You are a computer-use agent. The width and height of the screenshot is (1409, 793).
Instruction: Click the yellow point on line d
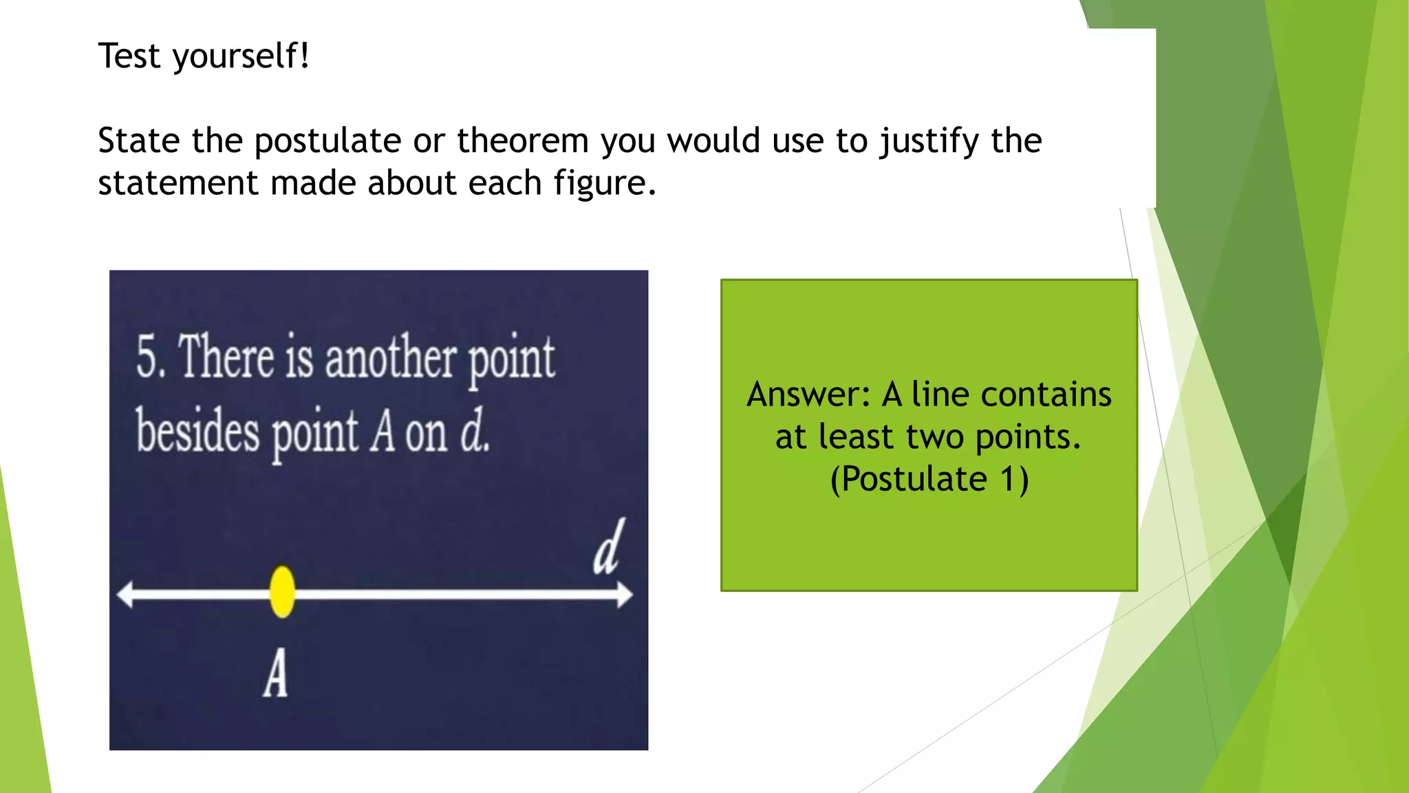click(x=282, y=591)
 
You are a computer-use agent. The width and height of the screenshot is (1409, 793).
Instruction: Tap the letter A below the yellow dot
click(x=276, y=674)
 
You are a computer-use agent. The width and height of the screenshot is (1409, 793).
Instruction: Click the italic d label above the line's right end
click(x=609, y=547)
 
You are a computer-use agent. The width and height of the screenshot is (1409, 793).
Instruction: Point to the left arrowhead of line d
click(x=126, y=594)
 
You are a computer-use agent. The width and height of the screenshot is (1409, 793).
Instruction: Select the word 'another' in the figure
click(x=390, y=359)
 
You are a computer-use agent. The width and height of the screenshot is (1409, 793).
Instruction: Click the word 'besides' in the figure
click(x=197, y=432)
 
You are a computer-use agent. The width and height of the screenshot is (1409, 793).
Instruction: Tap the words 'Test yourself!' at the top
click(x=204, y=56)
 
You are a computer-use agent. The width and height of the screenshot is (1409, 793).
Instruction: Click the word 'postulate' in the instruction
click(x=327, y=141)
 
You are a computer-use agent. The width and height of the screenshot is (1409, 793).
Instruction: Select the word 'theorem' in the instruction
click(x=523, y=141)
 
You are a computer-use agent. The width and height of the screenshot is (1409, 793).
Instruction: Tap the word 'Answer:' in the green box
click(x=809, y=395)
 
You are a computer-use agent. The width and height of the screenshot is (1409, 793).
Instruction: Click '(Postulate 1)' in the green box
click(x=929, y=479)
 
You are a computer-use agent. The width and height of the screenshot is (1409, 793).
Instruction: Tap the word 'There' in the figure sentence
click(x=226, y=357)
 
